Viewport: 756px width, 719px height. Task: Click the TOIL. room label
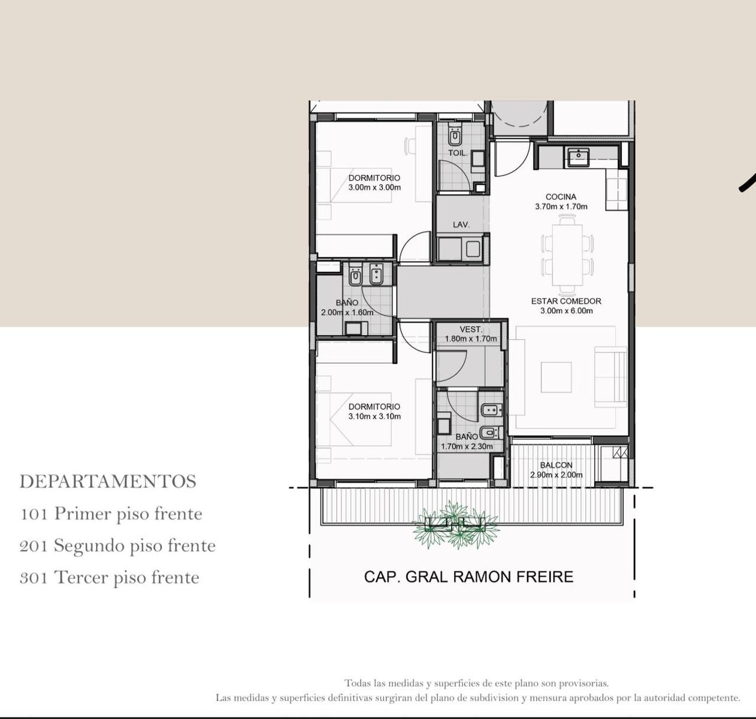[x=458, y=153]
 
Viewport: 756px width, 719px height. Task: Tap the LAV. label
[x=461, y=225]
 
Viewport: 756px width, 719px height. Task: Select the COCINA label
[x=561, y=197]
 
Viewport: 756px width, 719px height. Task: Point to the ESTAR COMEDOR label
[x=566, y=301]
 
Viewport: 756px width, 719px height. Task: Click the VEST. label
[x=471, y=330]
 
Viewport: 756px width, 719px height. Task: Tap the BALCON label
[x=556, y=466]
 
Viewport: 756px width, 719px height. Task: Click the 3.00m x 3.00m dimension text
[x=374, y=188]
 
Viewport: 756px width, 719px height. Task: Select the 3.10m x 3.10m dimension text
[x=374, y=416]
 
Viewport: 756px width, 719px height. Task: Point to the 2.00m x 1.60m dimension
[x=347, y=312]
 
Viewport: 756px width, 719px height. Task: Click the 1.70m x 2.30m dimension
[x=467, y=446]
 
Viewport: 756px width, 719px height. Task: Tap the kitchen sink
[x=578, y=157]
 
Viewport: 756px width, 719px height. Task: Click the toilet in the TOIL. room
[x=455, y=135]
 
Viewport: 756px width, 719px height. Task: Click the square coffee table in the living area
[x=557, y=377]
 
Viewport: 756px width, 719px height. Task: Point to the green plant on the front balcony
[x=456, y=524]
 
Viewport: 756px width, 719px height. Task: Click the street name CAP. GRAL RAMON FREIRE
[x=468, y=577]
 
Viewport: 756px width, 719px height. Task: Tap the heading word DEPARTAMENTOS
[x=108, y=482]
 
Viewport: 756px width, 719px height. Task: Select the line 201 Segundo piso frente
[x=117, y=546]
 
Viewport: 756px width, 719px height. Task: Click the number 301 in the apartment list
[x=34, y=578]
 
